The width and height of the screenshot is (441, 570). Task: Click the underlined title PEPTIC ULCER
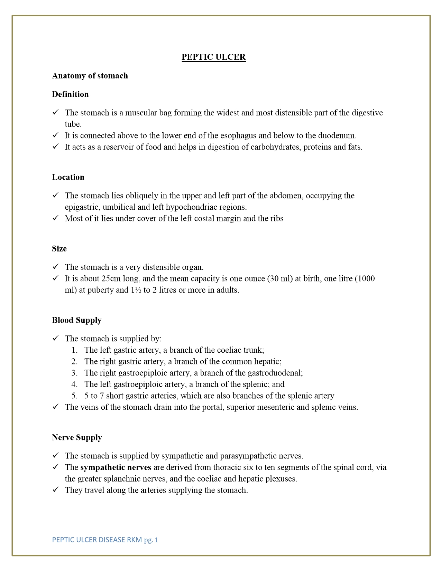click(213, 57)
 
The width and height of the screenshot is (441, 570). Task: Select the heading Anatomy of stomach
click(90, 76)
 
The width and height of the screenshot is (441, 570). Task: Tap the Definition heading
click(70, 94)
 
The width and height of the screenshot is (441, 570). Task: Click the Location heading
click(68, 177)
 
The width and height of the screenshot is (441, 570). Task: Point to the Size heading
click(59, 249)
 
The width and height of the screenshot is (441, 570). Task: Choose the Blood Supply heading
click(77, 320)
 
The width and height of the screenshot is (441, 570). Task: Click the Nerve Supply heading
click(77, 437)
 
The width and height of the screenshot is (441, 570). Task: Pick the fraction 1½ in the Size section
click(136, 290)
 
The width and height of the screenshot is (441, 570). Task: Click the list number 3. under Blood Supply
click(74, 373)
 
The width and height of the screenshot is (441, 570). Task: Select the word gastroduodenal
click(276, 373)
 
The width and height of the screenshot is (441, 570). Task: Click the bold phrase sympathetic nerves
click(116, 467)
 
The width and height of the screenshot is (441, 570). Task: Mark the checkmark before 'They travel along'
click(56, 490)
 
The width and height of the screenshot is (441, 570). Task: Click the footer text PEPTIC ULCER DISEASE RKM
click(97, 540)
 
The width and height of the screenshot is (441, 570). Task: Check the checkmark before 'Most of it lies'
click(56, 218)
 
